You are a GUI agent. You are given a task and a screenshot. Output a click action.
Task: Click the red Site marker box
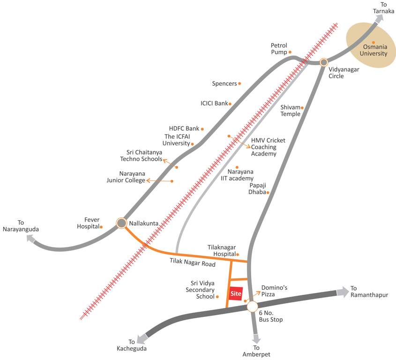click(236, 293)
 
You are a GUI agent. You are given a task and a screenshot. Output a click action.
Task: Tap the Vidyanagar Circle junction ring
click(323, 62)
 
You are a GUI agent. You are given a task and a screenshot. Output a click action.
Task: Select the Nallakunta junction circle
click(121, 223)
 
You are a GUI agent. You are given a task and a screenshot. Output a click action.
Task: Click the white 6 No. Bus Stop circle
click(253, 307)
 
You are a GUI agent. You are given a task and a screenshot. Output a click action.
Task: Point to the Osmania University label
click(374, 50)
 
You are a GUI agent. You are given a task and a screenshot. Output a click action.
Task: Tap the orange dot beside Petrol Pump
click(290, 52)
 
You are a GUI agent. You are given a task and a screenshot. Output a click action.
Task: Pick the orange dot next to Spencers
click(239, 83)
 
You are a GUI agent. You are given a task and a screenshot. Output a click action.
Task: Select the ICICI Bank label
click(214, 103)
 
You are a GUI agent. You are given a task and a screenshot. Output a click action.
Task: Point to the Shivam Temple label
click(290, 111)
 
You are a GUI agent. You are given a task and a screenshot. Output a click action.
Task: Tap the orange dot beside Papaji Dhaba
click(268, 192)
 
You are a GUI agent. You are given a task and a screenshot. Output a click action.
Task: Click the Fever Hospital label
click(88, 223)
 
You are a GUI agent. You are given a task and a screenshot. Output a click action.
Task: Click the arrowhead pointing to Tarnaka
click(379, 19)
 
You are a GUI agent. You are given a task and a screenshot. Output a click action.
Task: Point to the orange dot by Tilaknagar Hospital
click(238, 255)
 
